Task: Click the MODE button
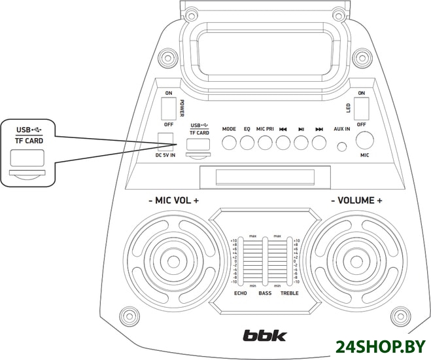(x=229, y=143)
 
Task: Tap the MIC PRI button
(x=264, y=143)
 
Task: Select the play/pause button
(x=301, y=143)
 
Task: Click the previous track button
(x=283, y=143)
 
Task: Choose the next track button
(x=319, y=143)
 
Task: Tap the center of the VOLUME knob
(x=357, y=257)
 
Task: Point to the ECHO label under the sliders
(x=241, y=293)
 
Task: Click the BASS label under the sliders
(x=264, y=293)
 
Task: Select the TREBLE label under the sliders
(x=289, y=293)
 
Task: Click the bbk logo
(x=265, y=336)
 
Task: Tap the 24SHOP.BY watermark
(x=381, y=346)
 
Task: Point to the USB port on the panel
(x=199, y=144)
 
